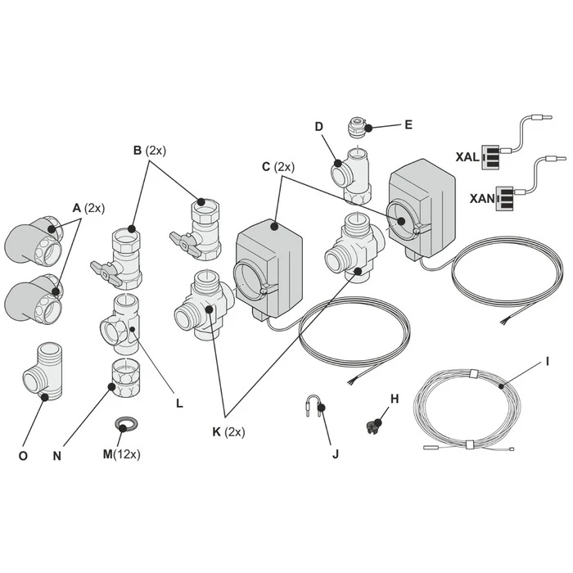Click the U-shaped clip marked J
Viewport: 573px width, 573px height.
click(x=315, y=407)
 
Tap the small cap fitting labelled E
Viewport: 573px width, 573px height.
click(x=358, y=129)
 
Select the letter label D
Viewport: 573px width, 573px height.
click(x=318, y=126)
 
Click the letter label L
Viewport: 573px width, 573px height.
click(x=178, y=403)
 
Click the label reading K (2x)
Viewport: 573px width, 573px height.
click(x=228, y=431)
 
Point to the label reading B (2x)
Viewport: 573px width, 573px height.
click(x=149, y=150)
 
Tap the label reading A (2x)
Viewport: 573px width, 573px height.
click(x=88, y=208)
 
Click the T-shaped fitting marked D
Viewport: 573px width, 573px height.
click(x=353, y=173)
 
